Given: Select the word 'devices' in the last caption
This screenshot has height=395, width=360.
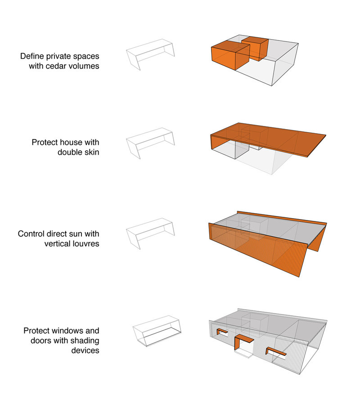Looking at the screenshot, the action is (x=85, y=350).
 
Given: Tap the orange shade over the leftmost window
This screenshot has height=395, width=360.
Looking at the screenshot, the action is (x=222, y=331).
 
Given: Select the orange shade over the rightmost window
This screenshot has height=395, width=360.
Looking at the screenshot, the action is (x=276, y=351).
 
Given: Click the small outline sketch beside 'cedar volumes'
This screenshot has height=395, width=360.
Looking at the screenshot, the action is (x=150, y=54).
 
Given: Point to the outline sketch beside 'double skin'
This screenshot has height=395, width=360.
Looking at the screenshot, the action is (x=150, y=143).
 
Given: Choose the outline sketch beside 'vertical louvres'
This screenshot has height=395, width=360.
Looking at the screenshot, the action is (x=150, y=233).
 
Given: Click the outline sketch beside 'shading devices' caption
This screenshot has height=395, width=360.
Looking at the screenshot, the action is (x=157, y=331).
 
